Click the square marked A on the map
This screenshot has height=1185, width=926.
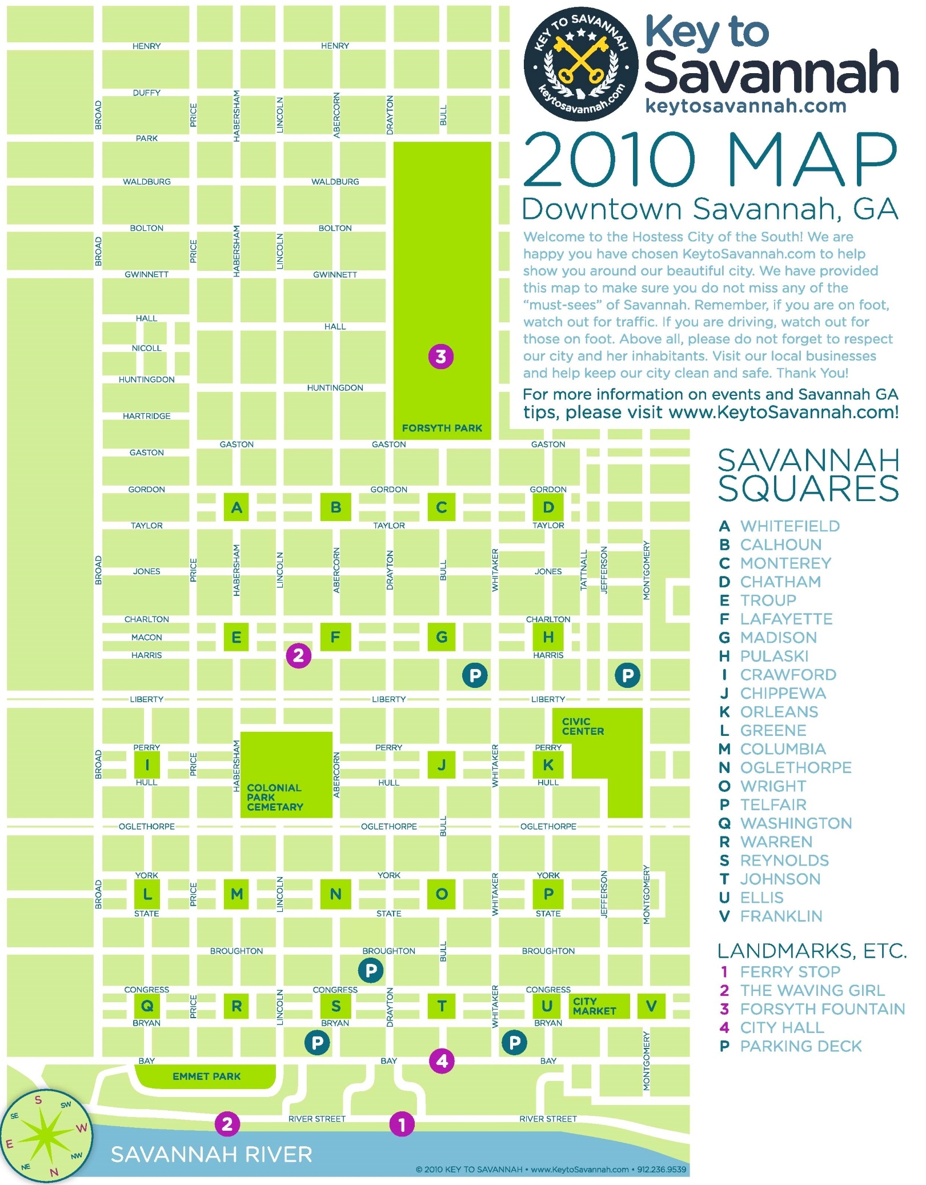[x=236, y=507]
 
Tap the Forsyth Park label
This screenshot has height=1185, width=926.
[x=442, y=428]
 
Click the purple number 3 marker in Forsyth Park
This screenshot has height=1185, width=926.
[x=440, y=357]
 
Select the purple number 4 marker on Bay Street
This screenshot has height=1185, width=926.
[x=442, y=1061]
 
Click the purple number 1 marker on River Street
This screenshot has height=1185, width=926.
[x=402, y=1124]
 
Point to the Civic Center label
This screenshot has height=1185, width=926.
[x=583, y=726]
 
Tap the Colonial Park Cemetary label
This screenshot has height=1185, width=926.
[x=275, y=797]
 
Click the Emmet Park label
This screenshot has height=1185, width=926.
[x=206, y=1076]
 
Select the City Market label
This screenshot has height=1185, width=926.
[x=594, y=1006]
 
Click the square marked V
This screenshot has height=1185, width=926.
[x=651, y=1006]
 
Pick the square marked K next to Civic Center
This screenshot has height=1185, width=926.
[x=548, y=765]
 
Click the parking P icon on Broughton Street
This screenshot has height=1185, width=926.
[x=371, y=970]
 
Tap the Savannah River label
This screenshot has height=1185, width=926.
[x=211, y=1155]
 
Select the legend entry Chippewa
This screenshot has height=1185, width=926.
[x=782, y=693]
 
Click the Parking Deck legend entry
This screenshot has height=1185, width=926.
[x=800, y=1046]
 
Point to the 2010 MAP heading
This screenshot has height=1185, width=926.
[x=710, y=160]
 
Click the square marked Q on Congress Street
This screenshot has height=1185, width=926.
[x=146, y=1006]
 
